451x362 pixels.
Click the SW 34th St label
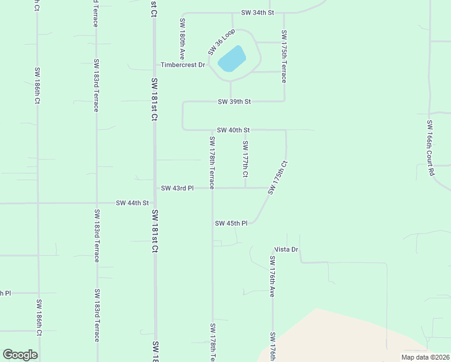click(257, 12)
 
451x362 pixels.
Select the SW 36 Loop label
click(221, 42)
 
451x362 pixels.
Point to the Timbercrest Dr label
click(183, 65)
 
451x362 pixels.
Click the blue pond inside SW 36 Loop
click(232, 59)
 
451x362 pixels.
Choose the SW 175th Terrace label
click(283, 57)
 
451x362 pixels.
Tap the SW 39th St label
click(234, 101)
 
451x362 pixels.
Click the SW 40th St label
click(233, 130)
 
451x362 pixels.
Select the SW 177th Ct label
click(245, 159)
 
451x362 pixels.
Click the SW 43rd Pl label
click(177, 188)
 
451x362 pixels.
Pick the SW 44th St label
click(132, 203)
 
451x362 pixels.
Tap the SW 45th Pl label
click(232, 223)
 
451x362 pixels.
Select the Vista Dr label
click(286, 249)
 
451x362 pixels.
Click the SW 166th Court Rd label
click(430, 148)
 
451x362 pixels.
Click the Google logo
click(20, 355)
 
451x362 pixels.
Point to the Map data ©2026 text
click(424, 357)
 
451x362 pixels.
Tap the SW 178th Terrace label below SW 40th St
click(212, 163)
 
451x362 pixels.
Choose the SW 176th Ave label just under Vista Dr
click(273, 277)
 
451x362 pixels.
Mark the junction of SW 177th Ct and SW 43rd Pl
click(245, 188)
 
